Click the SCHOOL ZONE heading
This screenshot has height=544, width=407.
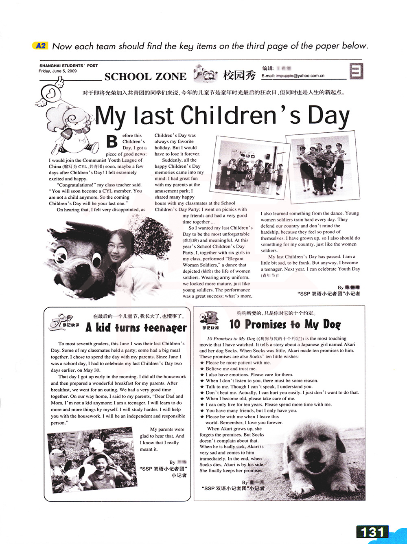(145, 77)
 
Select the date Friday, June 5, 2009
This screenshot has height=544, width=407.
(57, 71)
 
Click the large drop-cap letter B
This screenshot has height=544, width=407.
(112, 141)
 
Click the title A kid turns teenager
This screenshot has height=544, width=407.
(136, 328)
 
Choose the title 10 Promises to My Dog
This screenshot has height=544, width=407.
(284, 325)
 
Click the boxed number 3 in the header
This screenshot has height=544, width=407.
(356, 72)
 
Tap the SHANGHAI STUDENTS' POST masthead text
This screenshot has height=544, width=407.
(68, 66)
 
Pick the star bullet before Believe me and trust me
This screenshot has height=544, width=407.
(202, 369)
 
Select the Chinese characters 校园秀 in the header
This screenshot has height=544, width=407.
(239, 75)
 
